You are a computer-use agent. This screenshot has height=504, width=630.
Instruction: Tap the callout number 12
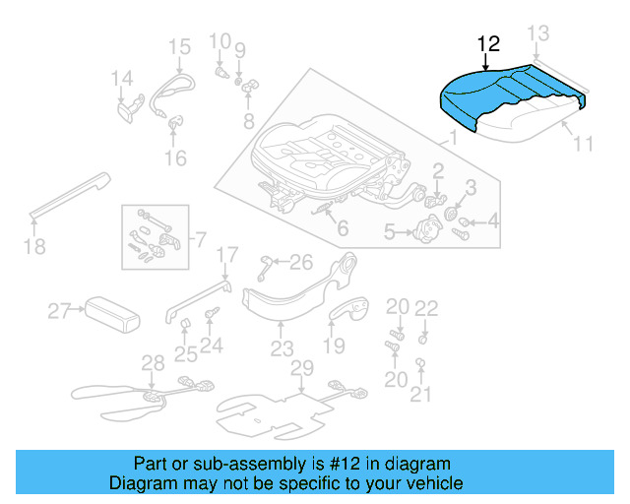pos(488,43)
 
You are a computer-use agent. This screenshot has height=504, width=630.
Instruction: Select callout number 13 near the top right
pos(537,33)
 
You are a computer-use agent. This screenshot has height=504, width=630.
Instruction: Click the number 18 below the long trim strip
pos(34,246)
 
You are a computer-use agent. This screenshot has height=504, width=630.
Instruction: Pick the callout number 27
pos(59,312)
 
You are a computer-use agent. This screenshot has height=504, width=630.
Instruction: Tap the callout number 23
pos(283,348)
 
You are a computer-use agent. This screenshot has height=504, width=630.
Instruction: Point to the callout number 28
pos(153,363)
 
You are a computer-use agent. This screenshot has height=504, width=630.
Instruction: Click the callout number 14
pos(121,79)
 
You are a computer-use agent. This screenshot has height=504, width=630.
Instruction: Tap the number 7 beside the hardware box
pos(199,239)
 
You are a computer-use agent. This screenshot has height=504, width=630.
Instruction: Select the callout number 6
pos(342,229)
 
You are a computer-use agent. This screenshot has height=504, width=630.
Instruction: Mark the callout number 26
pos(300,261)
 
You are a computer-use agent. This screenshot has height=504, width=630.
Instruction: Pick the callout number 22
pos(425,308)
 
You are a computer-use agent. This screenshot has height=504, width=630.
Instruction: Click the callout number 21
pos(421,395)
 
